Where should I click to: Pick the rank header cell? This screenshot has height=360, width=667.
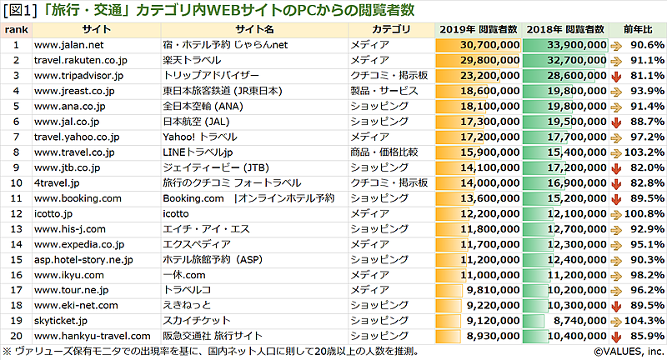pyautogui.click(x=16, y=29)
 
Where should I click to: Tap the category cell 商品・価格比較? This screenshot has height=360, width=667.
pyautogui.click(x=384, y=152)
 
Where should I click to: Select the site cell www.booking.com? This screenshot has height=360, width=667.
pyautogui.click(x=78, y=197)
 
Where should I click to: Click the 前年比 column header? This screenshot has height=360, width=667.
pyautogui.click(x=638, y=29)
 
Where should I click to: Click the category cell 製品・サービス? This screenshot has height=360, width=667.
pyautogui.click(x=384, y=90)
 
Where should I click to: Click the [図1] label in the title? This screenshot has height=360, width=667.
pyautogui.click(x=19, y=9)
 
